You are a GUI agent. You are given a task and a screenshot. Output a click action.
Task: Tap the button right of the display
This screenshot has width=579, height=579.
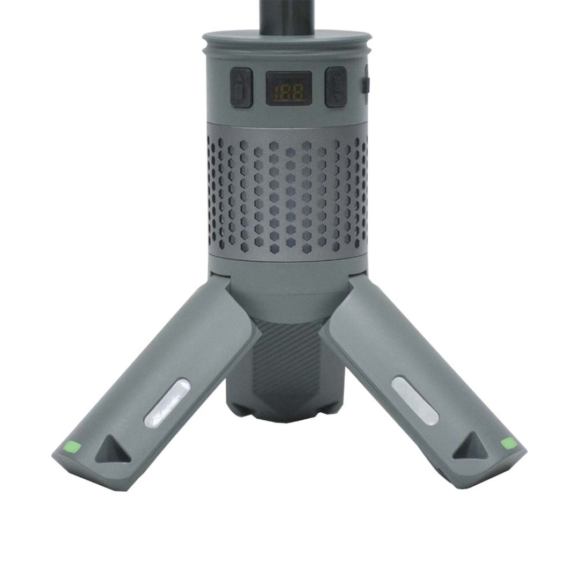point(335,87)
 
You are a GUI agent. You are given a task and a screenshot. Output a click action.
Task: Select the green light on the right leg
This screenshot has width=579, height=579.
point(508,443)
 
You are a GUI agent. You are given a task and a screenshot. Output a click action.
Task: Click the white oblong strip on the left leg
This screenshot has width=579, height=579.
point(168,403)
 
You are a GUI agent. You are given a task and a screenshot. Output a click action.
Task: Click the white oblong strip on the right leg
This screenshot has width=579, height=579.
point(415,400)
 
